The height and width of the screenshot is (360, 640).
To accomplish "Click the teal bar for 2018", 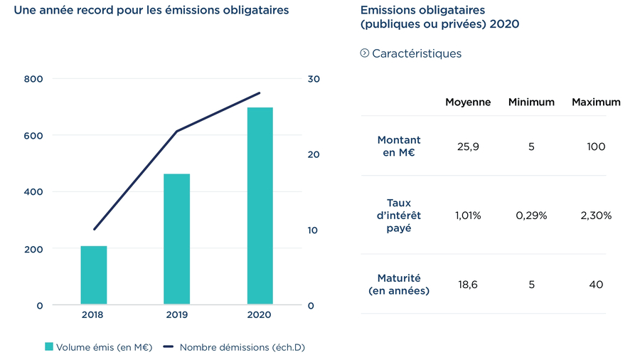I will (93, 275).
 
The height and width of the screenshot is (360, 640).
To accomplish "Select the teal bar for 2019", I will (176, 239).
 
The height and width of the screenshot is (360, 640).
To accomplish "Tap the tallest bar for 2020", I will (260, 206).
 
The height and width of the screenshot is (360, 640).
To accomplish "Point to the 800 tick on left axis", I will (33, 78).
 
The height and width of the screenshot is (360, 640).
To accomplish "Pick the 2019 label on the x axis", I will (176, 314).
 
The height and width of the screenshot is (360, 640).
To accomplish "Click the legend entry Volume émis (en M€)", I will (98, 347).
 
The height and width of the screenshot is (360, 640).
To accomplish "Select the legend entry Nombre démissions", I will (234, 347).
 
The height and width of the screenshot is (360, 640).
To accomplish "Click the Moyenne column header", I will (468, 102).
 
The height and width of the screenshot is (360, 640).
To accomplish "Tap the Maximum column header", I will (596, 102).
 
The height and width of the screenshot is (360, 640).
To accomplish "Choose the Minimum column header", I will (531, 102).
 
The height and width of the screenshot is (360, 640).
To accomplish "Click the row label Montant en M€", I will (398, 147).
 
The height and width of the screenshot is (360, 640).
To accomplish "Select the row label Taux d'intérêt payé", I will (398, 216).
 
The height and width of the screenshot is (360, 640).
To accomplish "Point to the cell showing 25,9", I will (467, 147).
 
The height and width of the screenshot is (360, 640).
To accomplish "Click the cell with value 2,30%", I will (596, 216).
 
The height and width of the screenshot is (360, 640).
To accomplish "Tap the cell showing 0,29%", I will (531, 216).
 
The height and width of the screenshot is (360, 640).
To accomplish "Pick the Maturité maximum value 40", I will (596, 285).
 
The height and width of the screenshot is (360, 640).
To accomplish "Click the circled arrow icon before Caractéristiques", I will (365, 53).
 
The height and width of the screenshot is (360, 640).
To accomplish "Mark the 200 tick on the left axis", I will (33, 249).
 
